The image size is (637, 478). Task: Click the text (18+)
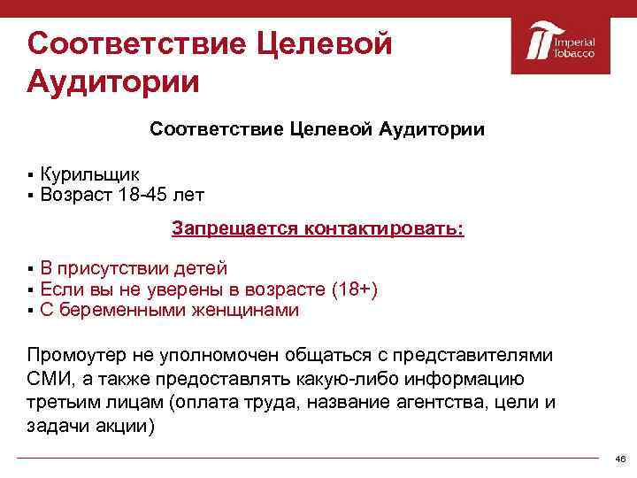click(x=353, y=289)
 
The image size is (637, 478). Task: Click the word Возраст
click(x=75, y=193)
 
